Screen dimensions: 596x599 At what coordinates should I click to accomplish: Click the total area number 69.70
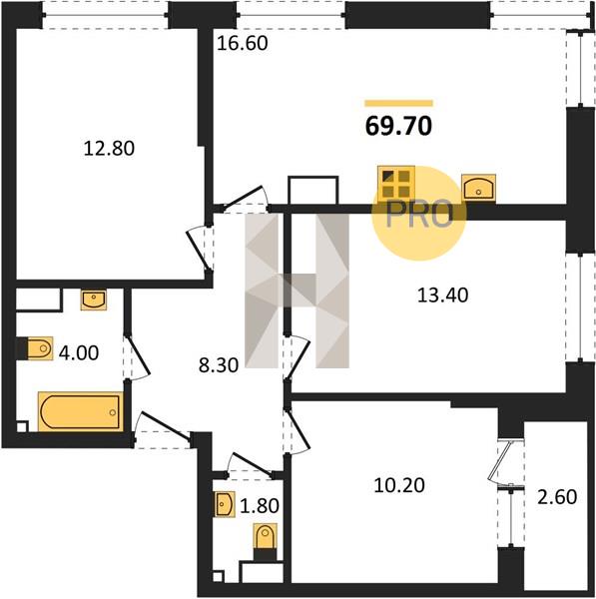pos(398,126)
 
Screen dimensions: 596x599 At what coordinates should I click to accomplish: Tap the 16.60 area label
pos(243,43)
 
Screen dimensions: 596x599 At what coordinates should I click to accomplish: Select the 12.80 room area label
pos(109,148)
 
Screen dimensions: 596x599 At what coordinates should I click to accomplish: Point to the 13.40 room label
pos(442,296)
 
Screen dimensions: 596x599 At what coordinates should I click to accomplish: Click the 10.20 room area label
pos(399,485)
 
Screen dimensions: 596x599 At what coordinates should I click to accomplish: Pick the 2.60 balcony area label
pos(557,497)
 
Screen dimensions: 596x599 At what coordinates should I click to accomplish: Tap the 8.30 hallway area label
pos(219,365)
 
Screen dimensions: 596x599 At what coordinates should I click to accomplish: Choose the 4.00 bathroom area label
pos(79,352)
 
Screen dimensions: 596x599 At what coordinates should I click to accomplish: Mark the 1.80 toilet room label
pos(260,506)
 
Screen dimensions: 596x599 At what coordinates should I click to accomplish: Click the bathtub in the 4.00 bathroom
pos(80,411)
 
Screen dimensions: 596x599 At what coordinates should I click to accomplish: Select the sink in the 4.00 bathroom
pos(93,299)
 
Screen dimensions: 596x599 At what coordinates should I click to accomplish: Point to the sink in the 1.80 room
pos(224,504)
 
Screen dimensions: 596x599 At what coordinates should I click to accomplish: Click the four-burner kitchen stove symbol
pos(396,184)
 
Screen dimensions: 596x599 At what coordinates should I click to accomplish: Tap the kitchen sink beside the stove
pos(479,188)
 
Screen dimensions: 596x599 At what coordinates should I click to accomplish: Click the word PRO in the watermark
pos(420,215)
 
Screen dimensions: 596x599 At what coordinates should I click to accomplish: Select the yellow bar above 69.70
pos(399,103)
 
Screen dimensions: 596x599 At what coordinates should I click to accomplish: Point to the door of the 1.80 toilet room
pos(249,465)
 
